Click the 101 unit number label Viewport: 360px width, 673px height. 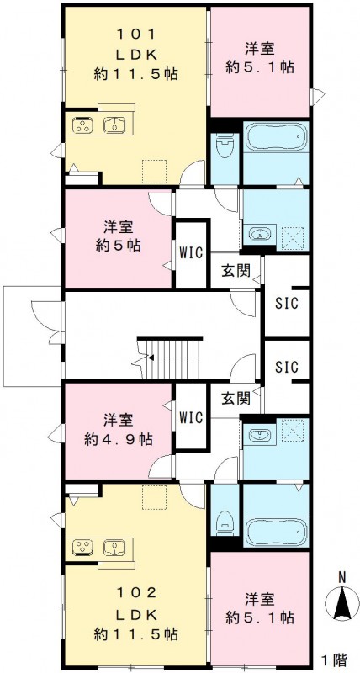pos(135,35)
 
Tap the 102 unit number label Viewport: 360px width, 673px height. pos(135,591)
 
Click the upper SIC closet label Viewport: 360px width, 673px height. pos(287,302)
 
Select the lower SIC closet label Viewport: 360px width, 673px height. pos(287,367)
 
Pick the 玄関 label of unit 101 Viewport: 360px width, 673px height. pos(236,271)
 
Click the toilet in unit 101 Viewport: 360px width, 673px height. pos(224,151)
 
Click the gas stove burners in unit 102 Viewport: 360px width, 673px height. pos(83,548)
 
